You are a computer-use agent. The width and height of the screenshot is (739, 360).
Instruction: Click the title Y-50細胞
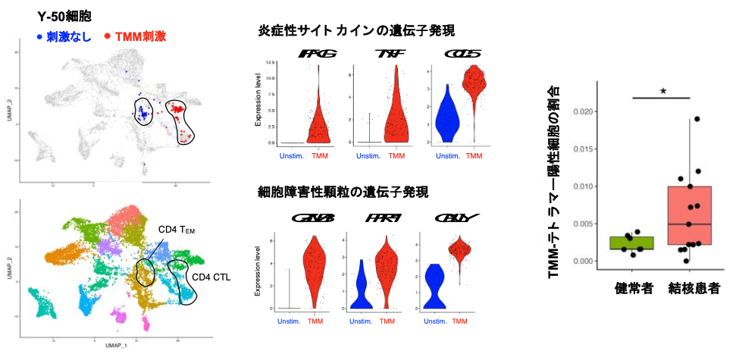pos(65,15)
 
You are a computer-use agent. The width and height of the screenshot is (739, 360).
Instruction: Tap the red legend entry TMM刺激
pos(141,36)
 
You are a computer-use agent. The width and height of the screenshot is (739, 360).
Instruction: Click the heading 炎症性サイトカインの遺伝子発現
pos(355,31)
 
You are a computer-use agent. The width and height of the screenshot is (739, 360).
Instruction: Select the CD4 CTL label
pos(209,277)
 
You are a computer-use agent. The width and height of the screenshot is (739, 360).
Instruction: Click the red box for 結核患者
pos(689,215)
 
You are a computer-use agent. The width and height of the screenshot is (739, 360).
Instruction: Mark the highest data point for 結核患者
pos(696,119)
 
